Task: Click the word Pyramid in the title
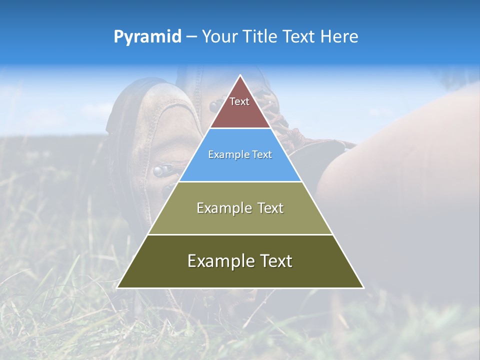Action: click(x=147, y=36)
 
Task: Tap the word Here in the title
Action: click(x=339, y=36)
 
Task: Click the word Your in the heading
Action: click(x=218, y=36)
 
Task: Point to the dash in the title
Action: click(x=191, y=37)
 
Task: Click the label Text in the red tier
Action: click(x=239, y=101)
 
